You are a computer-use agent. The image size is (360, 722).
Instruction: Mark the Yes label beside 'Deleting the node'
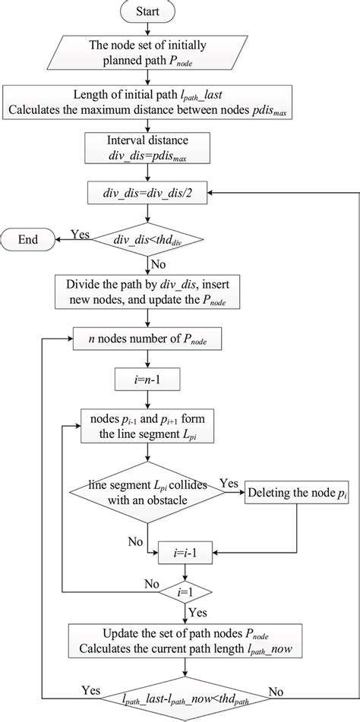[x=229, y=483]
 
